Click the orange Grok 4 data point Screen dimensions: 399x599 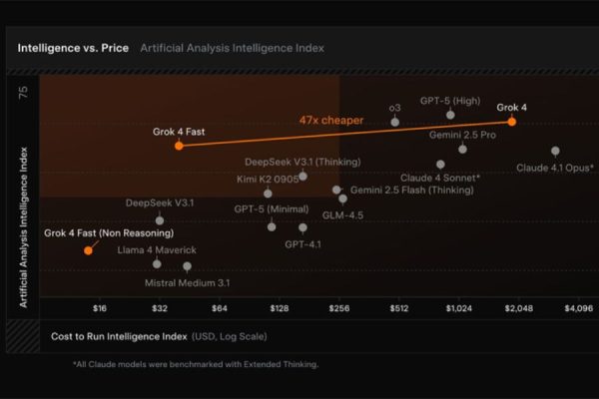point(511,121)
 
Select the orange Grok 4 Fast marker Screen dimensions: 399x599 point(179,145)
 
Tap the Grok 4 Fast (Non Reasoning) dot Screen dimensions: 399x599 point(88,249)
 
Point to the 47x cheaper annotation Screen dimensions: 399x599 point(330,120)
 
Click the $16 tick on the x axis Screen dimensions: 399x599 point(100,308)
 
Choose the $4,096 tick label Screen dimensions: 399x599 point(578,308)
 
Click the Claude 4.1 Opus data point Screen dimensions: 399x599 point(555,151)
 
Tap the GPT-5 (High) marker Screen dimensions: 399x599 point(450,115)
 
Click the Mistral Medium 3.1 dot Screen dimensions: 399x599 point(187,266)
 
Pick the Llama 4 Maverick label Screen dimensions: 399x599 point(157,248)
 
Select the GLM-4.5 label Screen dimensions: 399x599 point(342,214)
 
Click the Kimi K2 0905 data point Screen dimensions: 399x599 point(268,194)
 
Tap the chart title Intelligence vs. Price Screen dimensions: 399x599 point(69,47)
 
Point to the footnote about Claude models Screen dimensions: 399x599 point(195,364)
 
